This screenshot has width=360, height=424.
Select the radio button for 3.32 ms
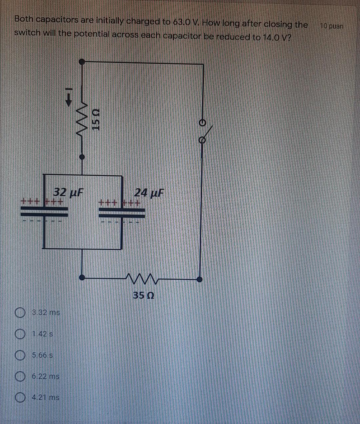point(20,313)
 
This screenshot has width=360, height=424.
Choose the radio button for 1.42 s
point(20,334)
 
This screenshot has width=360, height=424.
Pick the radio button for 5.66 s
point(20,355)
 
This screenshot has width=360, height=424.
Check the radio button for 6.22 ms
point(20,376)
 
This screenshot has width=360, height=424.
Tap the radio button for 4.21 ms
point(20,397)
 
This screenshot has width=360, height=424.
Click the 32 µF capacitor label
point(68,192)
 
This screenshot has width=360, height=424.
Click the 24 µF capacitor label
point(149,193)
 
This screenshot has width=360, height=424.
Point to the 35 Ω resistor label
point(143,295)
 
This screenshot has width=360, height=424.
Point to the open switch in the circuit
point(204,132)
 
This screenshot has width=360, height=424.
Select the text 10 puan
point(331,26)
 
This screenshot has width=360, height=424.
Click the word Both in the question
point(24,19)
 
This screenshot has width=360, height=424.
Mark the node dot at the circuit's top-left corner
point(81,61)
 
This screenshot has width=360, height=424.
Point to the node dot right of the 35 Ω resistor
point(199,279)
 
